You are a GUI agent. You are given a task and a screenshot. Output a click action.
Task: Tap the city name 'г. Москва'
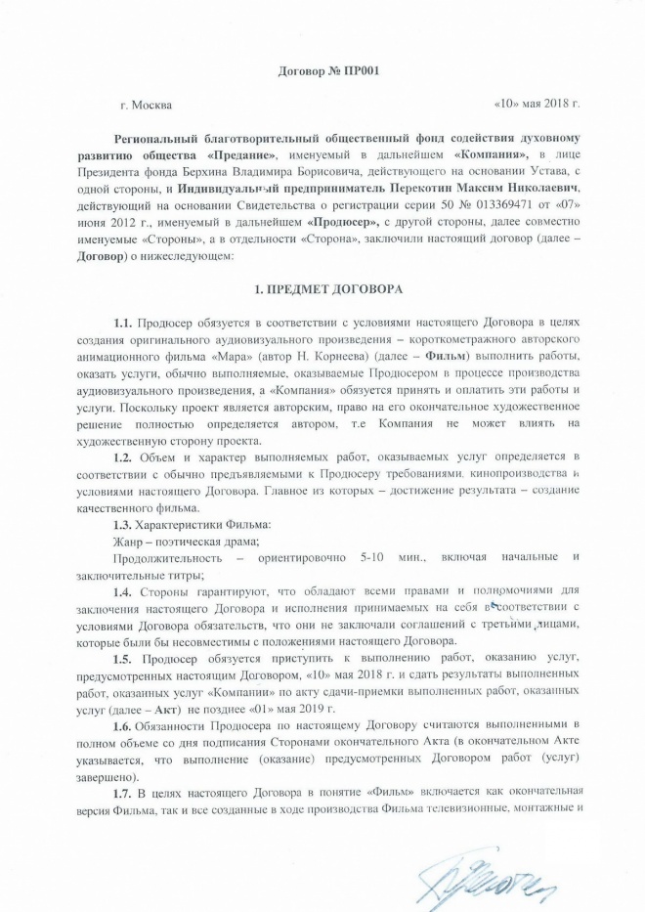tap(149, 103)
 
